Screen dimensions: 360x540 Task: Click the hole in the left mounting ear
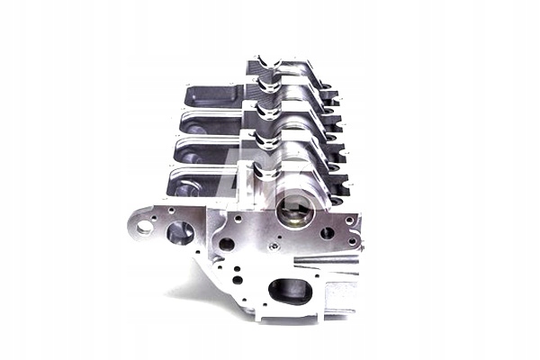[144, 227]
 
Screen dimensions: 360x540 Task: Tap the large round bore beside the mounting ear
[180, 233]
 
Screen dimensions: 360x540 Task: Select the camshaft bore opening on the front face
[294, 212]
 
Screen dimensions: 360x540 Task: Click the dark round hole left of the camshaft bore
[227, 243]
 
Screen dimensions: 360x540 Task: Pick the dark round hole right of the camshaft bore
[328, 232]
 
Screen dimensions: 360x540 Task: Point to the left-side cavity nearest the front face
[191, 184]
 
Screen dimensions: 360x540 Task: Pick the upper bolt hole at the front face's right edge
[349, 220]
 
